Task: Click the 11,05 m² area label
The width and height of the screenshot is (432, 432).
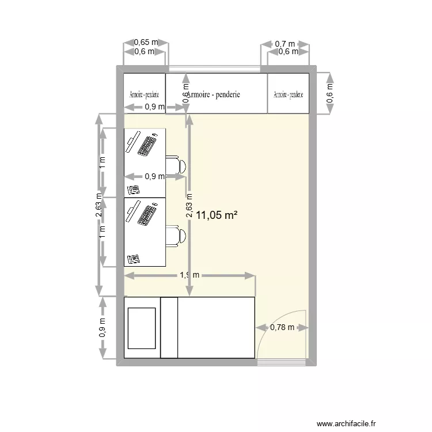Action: [x=217, y=215]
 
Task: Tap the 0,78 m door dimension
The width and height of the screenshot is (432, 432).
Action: [x=282, y=328]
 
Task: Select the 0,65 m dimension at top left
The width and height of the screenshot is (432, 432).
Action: [x=145, y=42]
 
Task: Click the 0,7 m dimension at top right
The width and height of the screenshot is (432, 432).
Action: [x=285, y=43]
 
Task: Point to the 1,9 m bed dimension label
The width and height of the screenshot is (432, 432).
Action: [x=190, y=275]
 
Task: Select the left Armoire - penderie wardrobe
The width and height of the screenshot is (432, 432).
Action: [x=145, y=93]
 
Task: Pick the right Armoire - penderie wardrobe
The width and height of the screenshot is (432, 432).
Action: [x=288, y=93]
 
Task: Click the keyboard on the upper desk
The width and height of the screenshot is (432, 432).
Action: [x=147, y=146]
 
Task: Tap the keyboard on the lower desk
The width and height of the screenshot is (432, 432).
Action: [x=147, y=214]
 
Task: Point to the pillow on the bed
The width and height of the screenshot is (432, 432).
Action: [x=142, y=328]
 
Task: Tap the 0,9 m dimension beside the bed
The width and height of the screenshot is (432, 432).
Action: [x=103, y=328]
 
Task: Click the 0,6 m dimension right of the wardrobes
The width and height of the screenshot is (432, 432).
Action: [x=329, y=93]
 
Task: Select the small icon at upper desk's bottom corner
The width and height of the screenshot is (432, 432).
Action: [x=134, y=190]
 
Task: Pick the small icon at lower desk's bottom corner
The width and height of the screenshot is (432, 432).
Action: [x=134, y=259]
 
